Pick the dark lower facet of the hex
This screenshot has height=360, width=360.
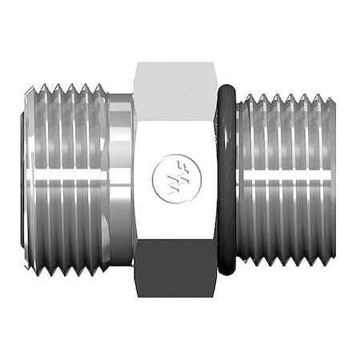tap(174, 272)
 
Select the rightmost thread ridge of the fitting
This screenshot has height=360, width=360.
tap(330, 180)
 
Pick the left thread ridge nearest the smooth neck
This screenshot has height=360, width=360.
tap(102, 180)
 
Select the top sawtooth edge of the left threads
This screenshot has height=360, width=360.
tap(64, 87)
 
